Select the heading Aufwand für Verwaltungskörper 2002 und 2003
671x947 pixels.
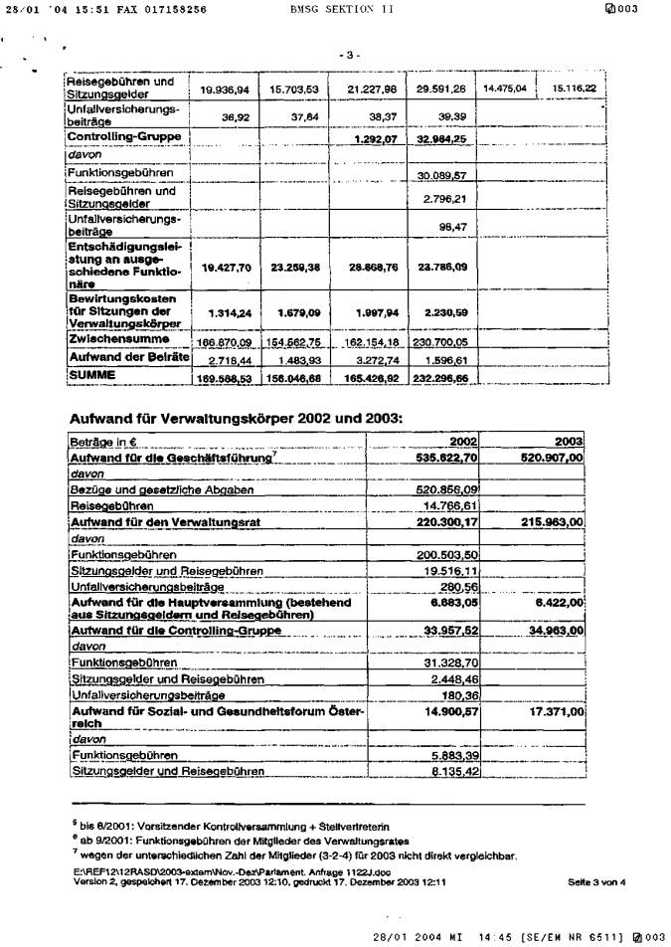[x=236, y=418]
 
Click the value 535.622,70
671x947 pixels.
[x=446, y=458]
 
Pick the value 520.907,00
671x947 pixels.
[x=550, y=458]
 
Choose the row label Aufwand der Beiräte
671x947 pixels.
[x=128, y=357]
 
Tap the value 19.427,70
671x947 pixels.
[x=225, y=267]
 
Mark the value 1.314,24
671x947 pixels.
[x=228, y=312]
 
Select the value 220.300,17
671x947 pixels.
[x=446, y=521]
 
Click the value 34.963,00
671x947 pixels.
[x=553, y=631]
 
